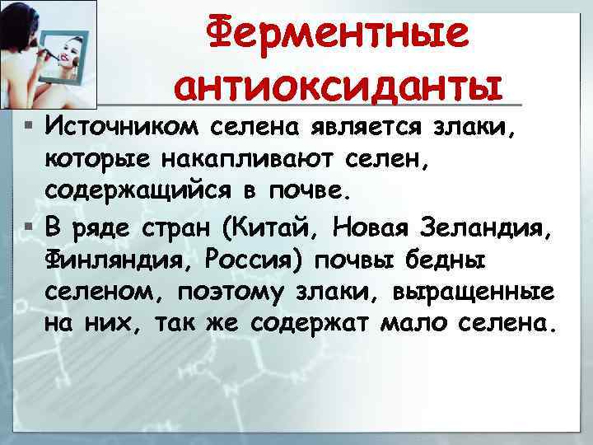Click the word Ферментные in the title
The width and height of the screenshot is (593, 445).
tap(337, 34)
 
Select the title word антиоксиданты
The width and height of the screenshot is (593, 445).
tap(338, 84)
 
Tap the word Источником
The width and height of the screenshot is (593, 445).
tap(123, 128)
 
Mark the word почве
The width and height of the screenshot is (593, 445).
tap(317, 192)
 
